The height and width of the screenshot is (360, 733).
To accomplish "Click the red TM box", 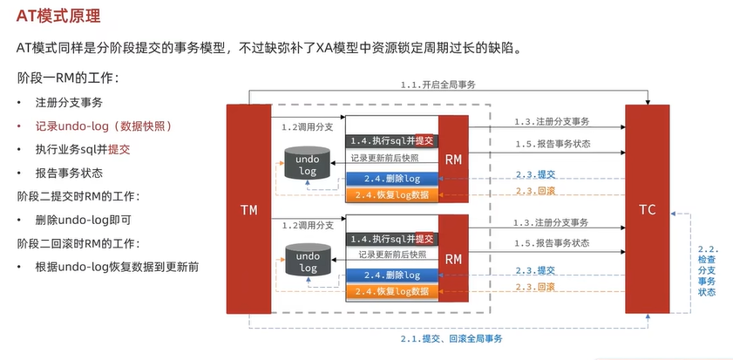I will pos(248,209).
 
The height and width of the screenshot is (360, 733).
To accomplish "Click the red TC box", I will pos(647,209).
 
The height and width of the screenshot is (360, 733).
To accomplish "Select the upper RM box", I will pos(453,159).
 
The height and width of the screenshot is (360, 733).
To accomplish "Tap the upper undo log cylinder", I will pos(307,166).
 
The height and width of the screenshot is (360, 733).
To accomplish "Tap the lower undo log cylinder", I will pos(307,262).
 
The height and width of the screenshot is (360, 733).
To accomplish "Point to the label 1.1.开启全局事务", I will pos(438,85).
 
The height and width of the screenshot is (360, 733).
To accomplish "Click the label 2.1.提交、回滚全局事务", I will pos(451,337).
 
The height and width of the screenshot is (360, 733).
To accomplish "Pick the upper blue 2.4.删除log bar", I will pos(390,178).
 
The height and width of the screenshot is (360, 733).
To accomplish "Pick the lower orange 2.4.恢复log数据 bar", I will pos(390,290).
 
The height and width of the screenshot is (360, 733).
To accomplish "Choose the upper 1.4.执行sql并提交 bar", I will pos(390,140).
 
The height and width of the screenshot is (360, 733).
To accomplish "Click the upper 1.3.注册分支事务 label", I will pos(551,122).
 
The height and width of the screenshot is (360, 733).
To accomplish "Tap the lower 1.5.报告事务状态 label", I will pos(551,242).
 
